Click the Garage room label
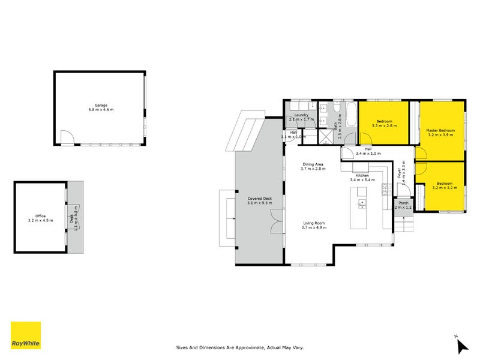(100, 105)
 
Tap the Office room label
(40, 216)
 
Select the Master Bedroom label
(440, 130)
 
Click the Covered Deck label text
(259, 198)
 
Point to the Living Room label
(313, 223)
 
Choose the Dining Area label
(313, 164)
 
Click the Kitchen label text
(362, 175)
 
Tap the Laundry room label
(301, 115)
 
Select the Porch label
(403, 203)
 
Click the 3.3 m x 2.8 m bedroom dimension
(384, 126)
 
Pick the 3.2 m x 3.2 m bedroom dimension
(445, 188)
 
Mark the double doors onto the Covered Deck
(275, 221)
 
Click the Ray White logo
(26, 335)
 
